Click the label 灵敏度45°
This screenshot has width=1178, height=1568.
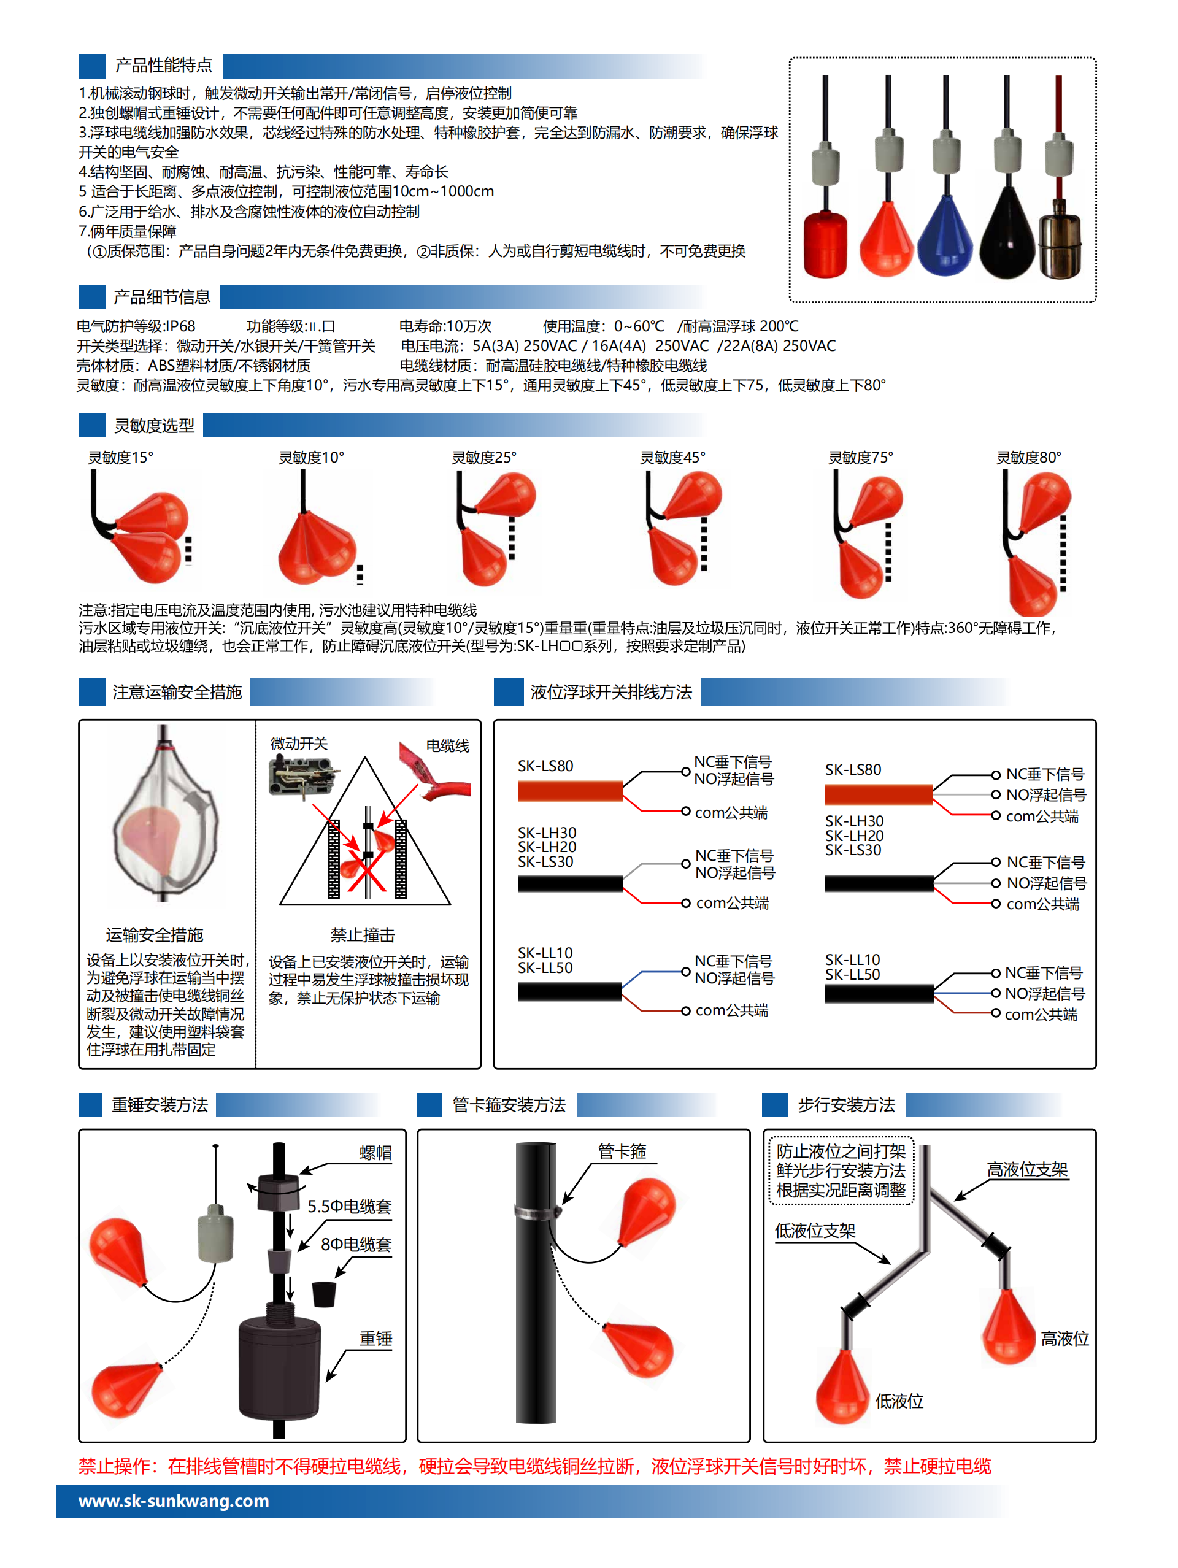[672, 458]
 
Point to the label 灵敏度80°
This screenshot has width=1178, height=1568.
[1028, 458]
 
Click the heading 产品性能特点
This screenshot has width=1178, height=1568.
[163, 66]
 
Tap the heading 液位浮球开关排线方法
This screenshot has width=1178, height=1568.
[611, 693]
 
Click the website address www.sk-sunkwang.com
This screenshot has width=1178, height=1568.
[174, 1501]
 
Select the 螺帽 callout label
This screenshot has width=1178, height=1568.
[375, 1153]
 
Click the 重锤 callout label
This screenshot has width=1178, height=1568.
[375, 1339]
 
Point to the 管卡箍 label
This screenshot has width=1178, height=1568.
[622, 1151]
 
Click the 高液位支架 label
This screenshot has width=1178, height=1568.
[1027, 1170]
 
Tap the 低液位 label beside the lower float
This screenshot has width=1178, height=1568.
[899, 1401]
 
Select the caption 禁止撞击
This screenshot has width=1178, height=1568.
[362, 935]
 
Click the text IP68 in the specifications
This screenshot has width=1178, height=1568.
[180, 326]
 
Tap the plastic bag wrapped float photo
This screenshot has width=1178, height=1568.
[164, 815]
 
